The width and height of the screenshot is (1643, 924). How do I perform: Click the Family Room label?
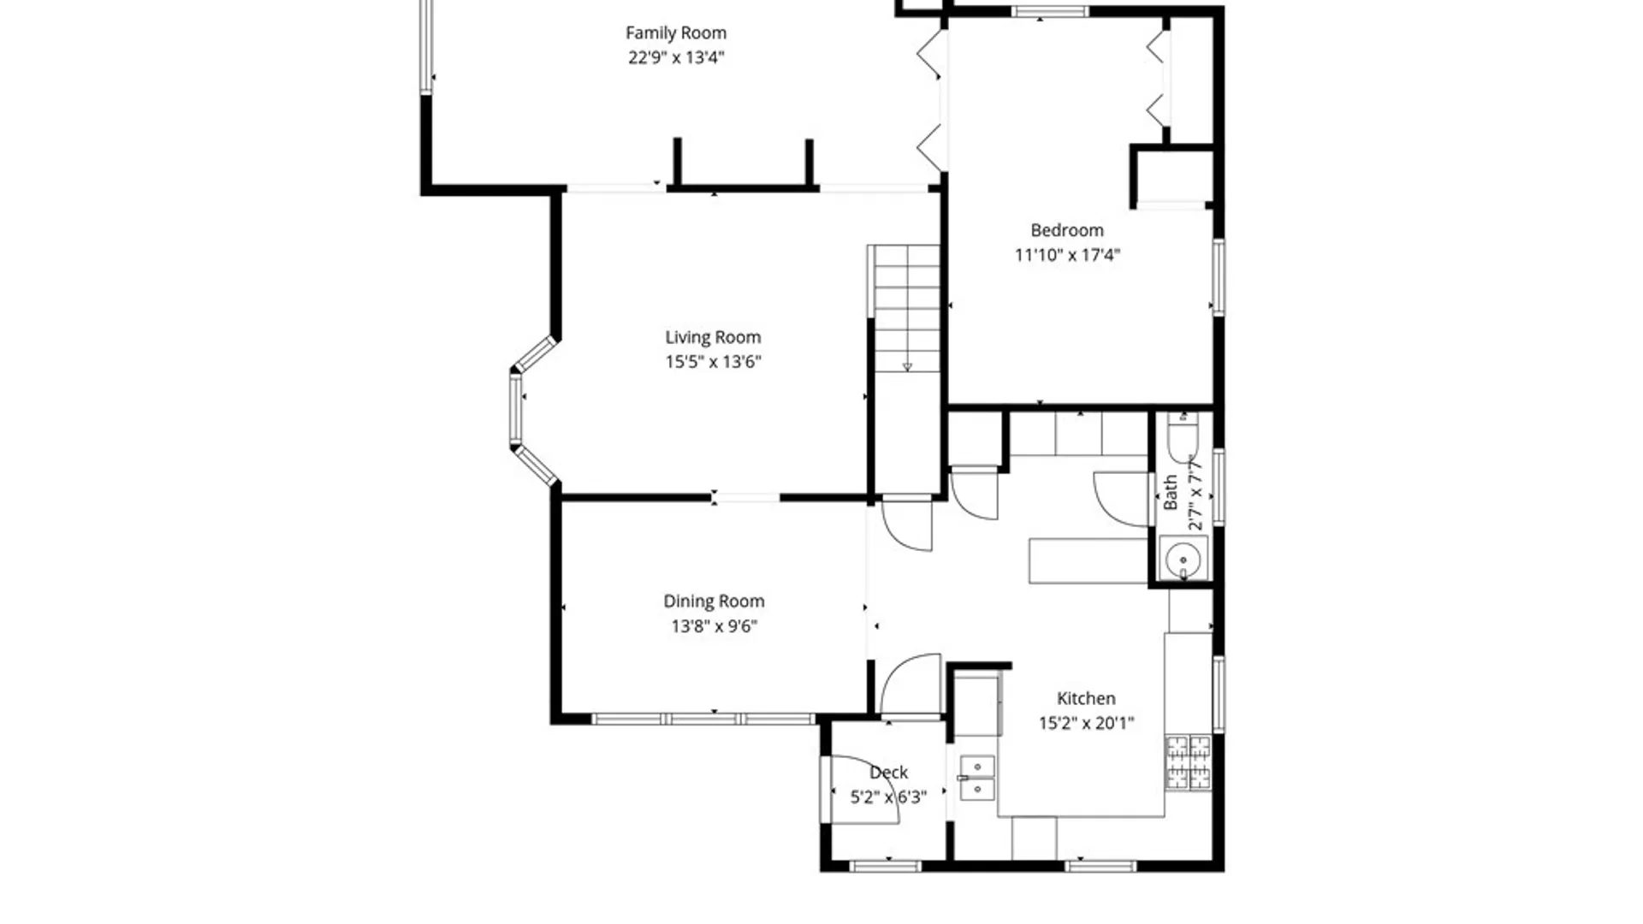(676, 33)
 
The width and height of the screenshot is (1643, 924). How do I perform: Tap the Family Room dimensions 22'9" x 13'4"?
(676, 57)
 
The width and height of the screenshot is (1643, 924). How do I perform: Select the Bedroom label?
(1067, 230)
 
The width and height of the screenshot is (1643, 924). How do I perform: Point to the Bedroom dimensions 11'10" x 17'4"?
(1067, 255)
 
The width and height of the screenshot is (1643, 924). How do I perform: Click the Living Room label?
(713, 337)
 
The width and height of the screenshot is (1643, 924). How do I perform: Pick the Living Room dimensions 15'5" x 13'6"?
(713, 362)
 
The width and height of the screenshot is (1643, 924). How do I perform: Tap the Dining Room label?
(714, 601)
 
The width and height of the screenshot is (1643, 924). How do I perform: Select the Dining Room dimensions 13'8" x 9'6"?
(714, 626)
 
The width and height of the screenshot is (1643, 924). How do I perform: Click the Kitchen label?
(1086, 698)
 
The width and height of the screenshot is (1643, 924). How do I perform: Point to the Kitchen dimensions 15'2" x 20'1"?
(1086, 723)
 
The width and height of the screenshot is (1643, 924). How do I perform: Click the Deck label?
(888, 773)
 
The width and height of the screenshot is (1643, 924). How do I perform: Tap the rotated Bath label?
(1170, 493)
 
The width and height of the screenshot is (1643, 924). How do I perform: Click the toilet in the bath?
(1183, 437)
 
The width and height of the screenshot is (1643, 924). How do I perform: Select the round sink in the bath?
(1183, 560)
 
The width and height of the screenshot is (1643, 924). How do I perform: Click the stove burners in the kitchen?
(1189, 762)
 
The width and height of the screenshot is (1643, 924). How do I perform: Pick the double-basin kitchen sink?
(977, 778)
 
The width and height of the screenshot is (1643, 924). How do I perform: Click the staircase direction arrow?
(907, 367)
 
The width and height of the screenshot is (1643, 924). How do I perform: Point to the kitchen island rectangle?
(1088, 561)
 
